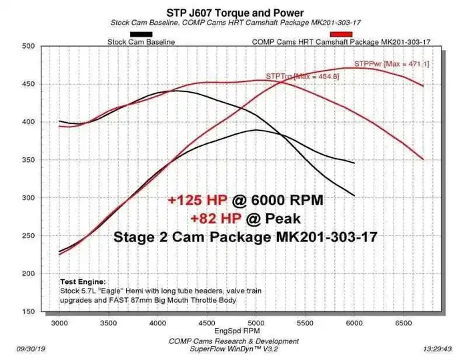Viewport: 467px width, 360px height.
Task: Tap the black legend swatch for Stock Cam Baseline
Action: (x=140, y=34)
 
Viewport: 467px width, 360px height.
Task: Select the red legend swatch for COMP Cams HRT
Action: (x=341, y=34)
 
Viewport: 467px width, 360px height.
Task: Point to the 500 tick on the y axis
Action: (x=26, y=46)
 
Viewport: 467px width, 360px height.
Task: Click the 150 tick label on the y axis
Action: (x=26, y=311)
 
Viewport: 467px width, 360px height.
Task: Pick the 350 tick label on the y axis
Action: (x=26, y=160)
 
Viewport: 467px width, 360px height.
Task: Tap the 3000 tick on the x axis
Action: (x=59, y=322)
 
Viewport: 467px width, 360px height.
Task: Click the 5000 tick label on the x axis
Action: (x=256, y=322)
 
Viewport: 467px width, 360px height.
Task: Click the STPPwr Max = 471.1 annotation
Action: (x=391, y=63)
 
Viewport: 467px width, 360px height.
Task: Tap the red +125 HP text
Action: (x=197, y=200)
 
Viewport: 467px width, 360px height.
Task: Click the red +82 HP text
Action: (x=209, y=218)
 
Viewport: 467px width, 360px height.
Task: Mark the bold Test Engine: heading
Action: (x=83, y=281)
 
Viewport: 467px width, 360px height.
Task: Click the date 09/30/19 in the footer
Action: (x=32, y=349)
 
